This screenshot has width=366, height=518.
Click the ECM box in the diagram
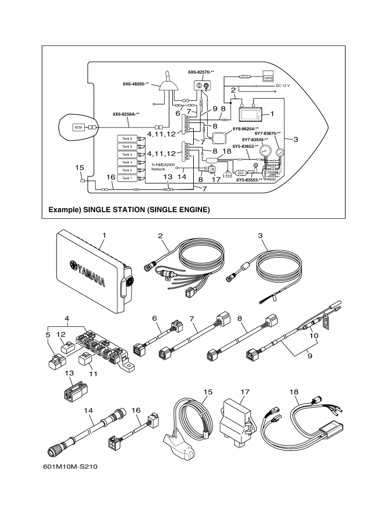tap(78, 127)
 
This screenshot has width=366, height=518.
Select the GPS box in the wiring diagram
tap(268, 78)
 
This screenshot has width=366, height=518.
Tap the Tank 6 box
tap(127, 138)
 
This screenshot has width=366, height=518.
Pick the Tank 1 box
tap(127, 178)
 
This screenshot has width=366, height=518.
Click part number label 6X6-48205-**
tap(137, 84)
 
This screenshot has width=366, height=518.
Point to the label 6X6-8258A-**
tap(126, 114)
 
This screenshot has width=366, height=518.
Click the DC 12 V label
tap(284, 86)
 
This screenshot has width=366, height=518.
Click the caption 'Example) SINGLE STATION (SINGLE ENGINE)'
tap(129, 210)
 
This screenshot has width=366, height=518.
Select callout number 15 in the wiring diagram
tap(79, 166)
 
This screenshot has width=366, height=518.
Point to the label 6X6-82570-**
tap(201, 72)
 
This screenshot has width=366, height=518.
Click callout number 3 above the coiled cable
tap(260, 235)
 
